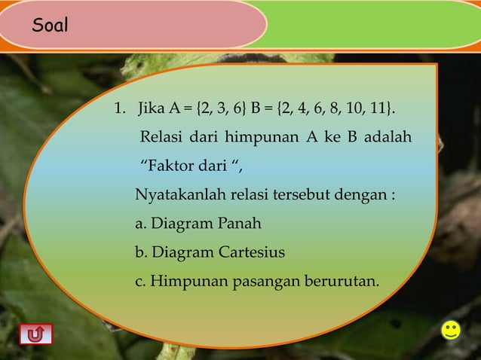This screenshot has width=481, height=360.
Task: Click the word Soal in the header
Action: tap(50, 26)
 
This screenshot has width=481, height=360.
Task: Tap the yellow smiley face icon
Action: tap(451, 330)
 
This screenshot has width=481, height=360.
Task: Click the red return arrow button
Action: tap(35, 333)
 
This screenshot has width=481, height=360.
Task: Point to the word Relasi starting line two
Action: tap(161, 140)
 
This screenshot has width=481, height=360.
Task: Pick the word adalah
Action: tap(389, 140)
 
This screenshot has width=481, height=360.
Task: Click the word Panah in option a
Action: tap(240, 224)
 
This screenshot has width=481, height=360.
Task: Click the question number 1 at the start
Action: tap(118, 113)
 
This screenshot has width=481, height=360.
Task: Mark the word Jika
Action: tap(149, 113)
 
